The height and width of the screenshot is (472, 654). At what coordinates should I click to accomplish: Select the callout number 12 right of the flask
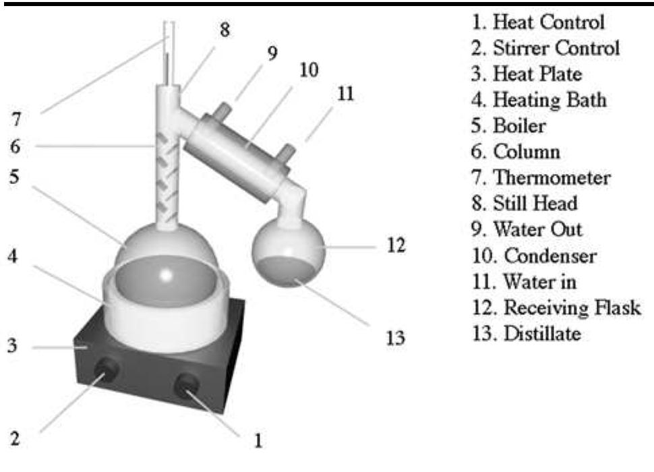pos(397,245)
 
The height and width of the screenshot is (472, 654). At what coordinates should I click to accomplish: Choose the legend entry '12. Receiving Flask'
pos(556,307)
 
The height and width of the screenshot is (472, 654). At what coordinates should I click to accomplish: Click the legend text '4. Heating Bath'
pos(539,100)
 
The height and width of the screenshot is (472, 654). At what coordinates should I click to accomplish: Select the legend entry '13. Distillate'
pos(526,333)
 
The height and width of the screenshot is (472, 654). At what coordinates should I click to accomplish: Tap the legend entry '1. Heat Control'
pos(538,22)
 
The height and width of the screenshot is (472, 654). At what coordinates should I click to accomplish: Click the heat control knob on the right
pos(187,386)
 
